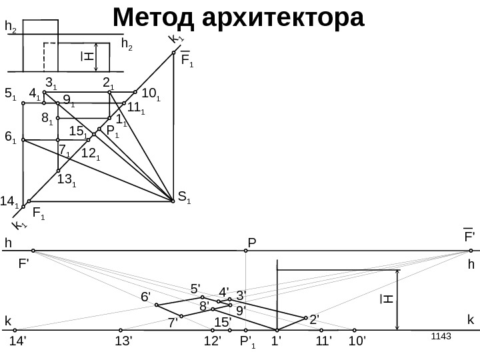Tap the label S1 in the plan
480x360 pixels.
click(x=184, y=197)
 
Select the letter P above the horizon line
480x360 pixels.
click(x=251, y=239)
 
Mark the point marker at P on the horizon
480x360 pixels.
click(x=246, y=251)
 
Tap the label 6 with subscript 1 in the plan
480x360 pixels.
click(x=10, y=138)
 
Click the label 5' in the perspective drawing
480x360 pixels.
click(x=195, y=289)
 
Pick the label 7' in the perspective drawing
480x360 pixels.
click(x=173, y=323)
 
